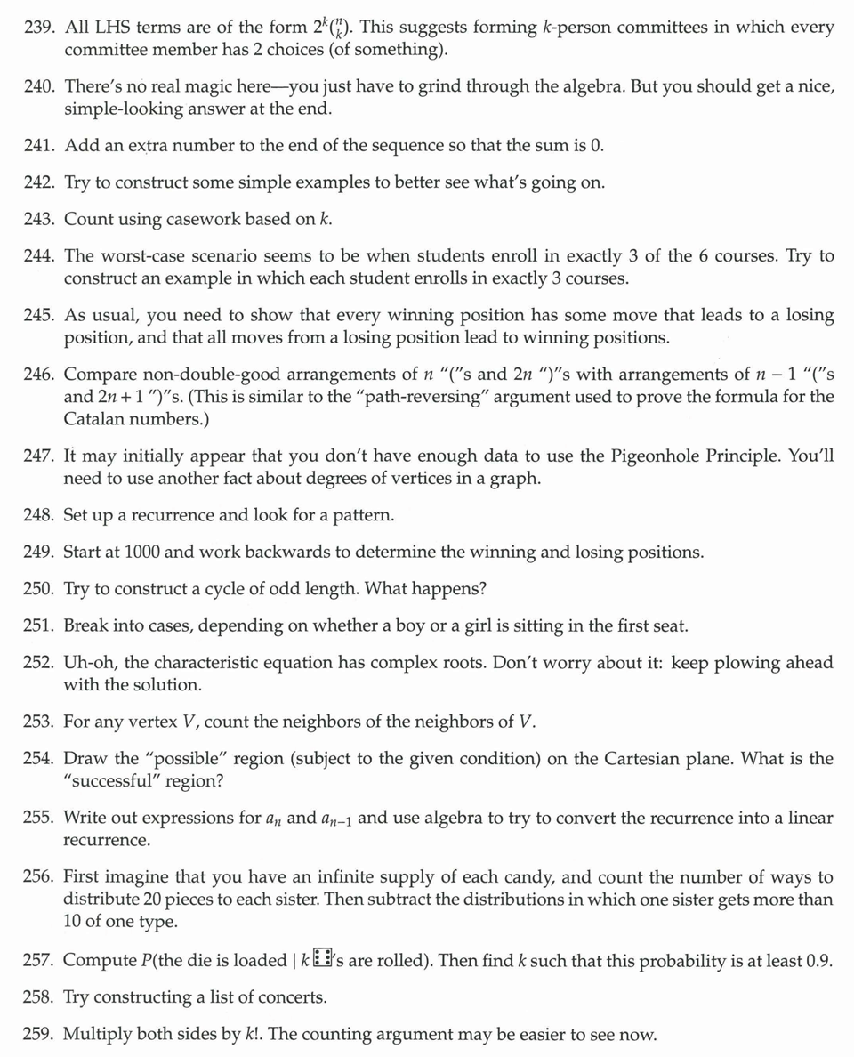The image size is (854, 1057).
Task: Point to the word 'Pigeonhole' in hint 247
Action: pos(657,456)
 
